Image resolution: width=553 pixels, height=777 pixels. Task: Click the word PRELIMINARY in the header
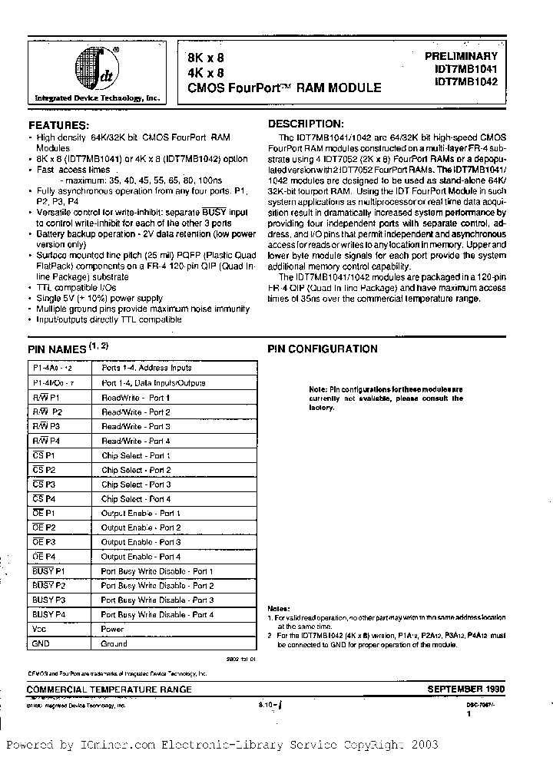pos(461,56)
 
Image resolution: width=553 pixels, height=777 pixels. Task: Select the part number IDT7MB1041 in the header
pos(465,68)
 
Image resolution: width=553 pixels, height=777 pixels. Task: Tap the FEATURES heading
pos(58,125)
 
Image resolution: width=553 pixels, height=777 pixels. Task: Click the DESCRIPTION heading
pos(305,124)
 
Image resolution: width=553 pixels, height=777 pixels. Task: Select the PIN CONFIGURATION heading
pos(322,349)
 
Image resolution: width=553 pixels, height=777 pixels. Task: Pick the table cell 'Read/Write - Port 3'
pos(135,426)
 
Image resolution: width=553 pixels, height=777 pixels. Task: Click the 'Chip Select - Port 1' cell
pos(135,455)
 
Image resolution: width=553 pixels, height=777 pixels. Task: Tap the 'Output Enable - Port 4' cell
pos(141,557)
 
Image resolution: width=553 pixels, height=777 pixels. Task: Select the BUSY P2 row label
pos(50,586)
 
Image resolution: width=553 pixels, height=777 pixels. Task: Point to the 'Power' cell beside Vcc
pos(112,630)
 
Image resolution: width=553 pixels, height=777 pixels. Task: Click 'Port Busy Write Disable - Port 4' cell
pos(157,615)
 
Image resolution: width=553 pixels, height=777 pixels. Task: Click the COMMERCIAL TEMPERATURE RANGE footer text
pos(110,689)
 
